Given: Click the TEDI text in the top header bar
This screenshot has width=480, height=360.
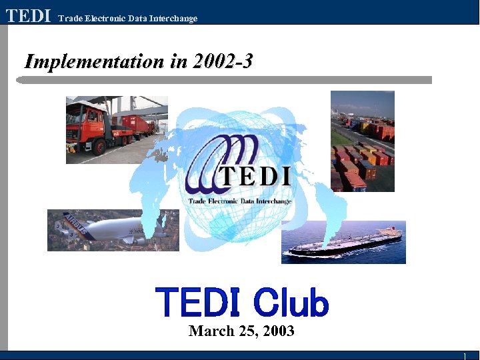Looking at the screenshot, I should point(28,15).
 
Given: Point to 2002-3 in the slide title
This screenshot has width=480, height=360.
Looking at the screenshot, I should point(222,61).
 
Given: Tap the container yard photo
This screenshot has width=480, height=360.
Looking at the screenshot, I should point(362,141).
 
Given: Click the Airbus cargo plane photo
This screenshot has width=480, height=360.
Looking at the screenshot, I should point(113,230).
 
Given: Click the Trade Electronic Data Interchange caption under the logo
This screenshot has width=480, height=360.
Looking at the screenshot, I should point(240,201).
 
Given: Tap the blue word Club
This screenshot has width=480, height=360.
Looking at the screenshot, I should point(291,303).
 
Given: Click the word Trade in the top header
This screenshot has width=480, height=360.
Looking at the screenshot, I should point(69,18).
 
